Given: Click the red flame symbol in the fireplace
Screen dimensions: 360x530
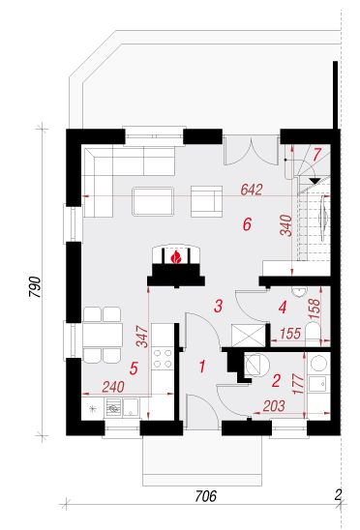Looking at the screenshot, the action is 175,257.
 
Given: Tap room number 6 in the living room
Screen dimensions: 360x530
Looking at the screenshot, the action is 248,224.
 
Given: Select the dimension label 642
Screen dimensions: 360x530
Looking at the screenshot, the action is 252,190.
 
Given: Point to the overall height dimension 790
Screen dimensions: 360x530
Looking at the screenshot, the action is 35,287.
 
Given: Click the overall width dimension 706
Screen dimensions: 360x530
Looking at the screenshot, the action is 205,496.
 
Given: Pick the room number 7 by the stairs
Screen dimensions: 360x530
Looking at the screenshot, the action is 316,155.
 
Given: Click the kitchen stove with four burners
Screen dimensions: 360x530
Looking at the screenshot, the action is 163,358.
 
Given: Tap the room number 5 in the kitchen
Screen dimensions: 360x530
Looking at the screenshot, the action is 134,368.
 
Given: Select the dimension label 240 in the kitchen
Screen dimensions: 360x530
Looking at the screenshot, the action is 113,387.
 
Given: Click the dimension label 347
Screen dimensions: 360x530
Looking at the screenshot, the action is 142,337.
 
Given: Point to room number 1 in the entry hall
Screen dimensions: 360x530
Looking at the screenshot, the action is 202,366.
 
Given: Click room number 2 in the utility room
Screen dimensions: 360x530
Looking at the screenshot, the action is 276,381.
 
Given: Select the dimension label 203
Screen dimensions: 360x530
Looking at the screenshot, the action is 274,406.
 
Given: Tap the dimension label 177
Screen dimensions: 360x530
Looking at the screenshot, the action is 298,384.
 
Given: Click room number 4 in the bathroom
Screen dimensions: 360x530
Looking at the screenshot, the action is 283,308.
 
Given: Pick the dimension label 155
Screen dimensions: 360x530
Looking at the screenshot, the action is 290,334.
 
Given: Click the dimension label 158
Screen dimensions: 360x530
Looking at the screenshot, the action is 315,309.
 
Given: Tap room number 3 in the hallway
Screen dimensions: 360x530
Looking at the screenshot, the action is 219,306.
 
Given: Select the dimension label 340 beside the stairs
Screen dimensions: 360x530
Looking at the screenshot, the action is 285,225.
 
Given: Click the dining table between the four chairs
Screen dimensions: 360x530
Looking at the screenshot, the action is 103,335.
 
